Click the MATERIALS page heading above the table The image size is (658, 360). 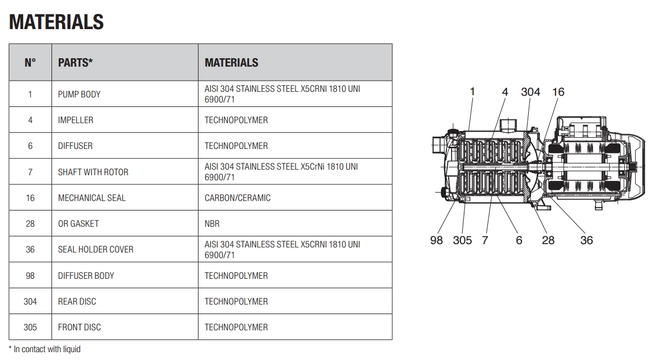(56, 22)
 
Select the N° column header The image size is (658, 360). (30, 63)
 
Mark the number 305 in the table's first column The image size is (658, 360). (30, 327)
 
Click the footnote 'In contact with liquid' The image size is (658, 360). (47, 349)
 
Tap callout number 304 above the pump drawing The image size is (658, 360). (530, 92)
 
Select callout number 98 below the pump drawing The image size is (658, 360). (436, 240)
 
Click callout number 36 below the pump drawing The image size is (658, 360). (586, 240)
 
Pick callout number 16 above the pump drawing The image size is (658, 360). (558, 92)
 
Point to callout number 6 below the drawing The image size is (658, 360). (519, 240)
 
